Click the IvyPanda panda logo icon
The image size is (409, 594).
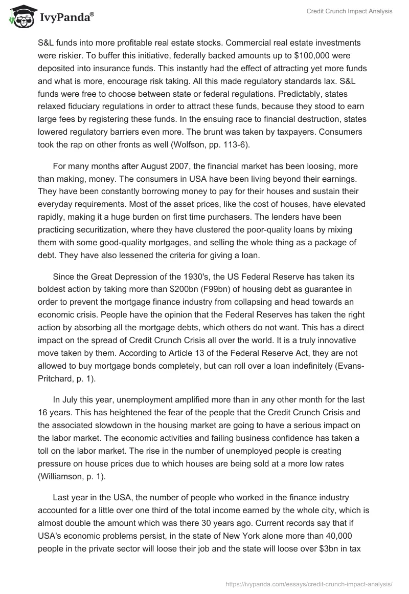tap(19, 17)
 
